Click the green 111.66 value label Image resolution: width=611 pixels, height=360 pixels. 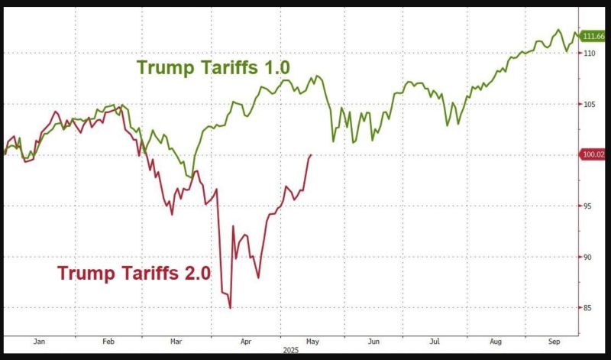(593, 36)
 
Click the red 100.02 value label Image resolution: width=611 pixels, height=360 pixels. (593, 154)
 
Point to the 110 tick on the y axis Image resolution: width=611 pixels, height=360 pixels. (589, 54)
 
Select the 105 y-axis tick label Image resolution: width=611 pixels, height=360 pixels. (589, 104)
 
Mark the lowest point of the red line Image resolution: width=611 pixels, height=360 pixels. (230, 308)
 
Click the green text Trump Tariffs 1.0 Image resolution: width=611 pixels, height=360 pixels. (214, 67)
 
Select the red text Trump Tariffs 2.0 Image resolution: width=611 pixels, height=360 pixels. (134, 273)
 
